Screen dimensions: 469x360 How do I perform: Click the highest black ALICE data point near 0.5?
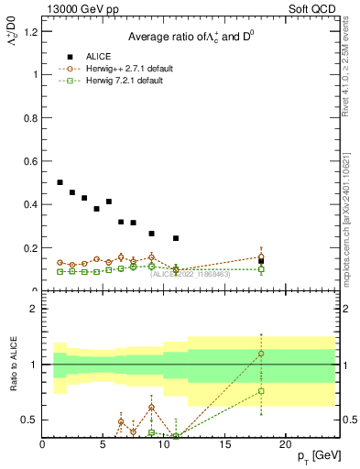click(60, 182)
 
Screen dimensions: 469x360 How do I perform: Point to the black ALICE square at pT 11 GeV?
click(176, 238)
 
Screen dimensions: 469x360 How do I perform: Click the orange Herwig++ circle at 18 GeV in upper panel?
click(261, 256)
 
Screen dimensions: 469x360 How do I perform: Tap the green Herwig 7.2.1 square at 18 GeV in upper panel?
click(261, 269)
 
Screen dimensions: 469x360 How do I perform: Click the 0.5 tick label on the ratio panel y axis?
click(30, 420)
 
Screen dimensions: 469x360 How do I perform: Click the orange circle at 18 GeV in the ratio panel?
click(261, 354)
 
